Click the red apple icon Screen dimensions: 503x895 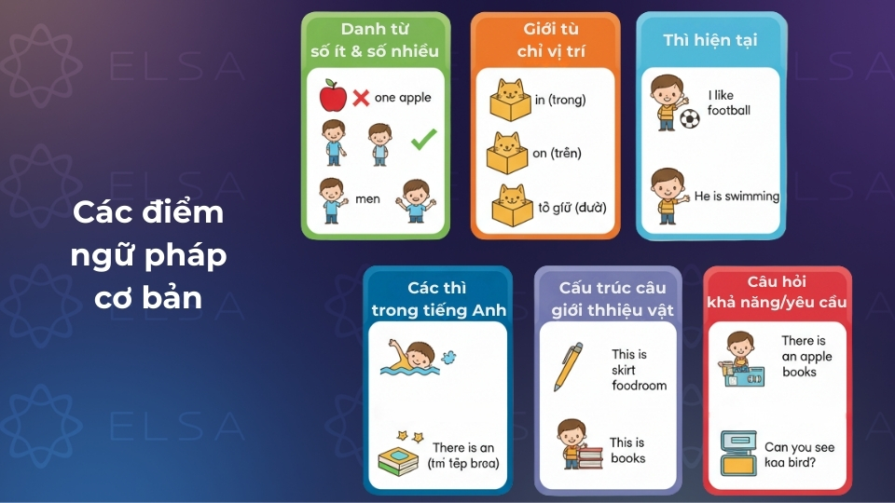[x=333, y=95]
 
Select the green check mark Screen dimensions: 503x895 [x=424, y=140]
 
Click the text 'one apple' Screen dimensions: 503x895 [x=403, y=97]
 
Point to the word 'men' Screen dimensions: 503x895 [x=367, y=198]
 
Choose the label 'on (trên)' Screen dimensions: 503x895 [x=558, y=153]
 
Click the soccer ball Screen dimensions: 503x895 [x=689, y=119]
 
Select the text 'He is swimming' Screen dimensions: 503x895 [x=737, y=197]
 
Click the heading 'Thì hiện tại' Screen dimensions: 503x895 [x=709, y=40]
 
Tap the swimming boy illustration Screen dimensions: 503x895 [x=412, y=358]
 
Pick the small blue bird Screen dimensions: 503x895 [x=448, y=357]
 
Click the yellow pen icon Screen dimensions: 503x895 [x=568, y=366]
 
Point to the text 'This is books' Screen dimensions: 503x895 [x=627, y=451]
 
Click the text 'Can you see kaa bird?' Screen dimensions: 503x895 [x=799, y=455]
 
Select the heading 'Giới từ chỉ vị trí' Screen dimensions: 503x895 [x=544, y=40]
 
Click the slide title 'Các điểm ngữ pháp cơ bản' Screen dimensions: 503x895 [x=149, y=254]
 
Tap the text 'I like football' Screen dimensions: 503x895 [x=729, y=102]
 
